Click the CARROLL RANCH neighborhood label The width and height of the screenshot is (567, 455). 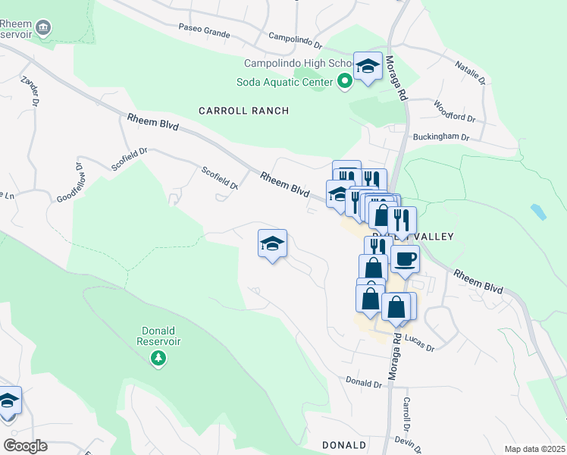click(x=243, y=111)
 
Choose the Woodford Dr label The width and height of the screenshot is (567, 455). click(x=453, y=112)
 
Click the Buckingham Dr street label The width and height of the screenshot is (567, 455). click(x=440, y=137)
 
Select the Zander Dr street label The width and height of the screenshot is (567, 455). click(x=30, y=92)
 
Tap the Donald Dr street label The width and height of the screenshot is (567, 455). click(x=363, y=383)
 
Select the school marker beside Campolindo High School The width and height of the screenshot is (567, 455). click(x=368, y=66)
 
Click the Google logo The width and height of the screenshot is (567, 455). click(x=24, y=446)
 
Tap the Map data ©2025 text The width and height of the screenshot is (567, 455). click(x=534, y=449)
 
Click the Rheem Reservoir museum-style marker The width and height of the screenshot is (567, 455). click(x=43, y=28)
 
